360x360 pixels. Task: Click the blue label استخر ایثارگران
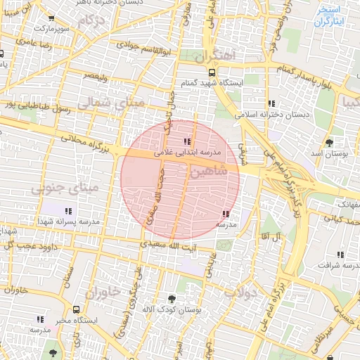pyautogui.click(x=328, y=16)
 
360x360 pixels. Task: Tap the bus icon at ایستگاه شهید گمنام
pyautogui.click(x=212, y=72)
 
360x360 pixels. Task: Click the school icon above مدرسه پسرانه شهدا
pyautogui.click(x=68, y=210)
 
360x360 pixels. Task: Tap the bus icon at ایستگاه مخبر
pyautogui.click(x=76, y=309)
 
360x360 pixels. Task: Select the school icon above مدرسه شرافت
pyautogui.click(x=340, y=255)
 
